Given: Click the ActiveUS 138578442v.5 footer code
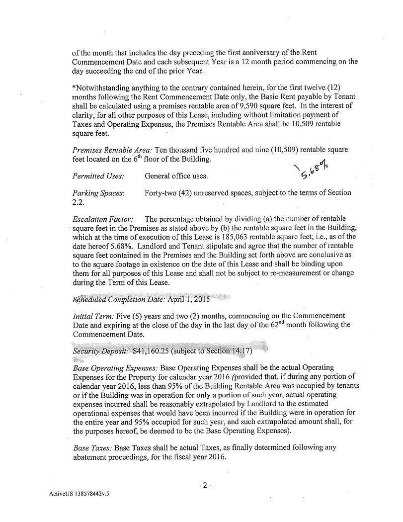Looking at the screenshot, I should coord(79,495).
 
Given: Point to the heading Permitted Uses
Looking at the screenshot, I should coord(98,176).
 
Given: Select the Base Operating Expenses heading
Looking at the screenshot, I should coord(115,367).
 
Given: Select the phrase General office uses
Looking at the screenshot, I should coord(176,176).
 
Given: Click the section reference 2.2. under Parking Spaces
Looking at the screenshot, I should coord(79,202).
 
